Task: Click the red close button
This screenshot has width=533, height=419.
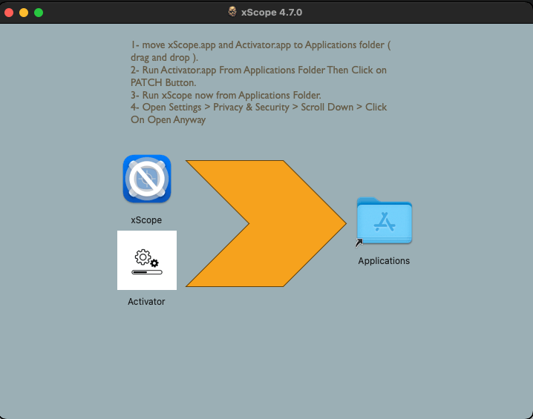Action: coord(9,13)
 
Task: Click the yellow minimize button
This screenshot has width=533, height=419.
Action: coord(24,13)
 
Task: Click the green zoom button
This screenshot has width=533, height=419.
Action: coord(39,13)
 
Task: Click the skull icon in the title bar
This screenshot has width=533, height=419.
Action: coord(232,12)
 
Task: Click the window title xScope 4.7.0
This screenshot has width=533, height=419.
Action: coord(272,13)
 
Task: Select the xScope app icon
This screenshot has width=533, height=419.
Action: coord(147,179)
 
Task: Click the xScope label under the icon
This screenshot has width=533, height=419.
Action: coord(146,220)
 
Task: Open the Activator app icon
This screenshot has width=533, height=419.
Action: coord(147,260)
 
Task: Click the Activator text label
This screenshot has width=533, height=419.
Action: coord(146,302)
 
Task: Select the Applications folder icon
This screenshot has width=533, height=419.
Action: coord(385,221)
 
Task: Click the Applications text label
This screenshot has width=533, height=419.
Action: coord(384,261)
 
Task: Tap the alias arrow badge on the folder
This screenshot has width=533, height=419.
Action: coord(359,243)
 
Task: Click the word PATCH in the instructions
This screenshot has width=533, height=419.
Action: coord(146,82)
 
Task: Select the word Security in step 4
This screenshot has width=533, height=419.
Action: coord(272,108)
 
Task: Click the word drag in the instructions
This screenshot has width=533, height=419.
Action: coord(140,58)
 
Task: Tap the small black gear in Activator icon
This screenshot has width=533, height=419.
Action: coord(154,263)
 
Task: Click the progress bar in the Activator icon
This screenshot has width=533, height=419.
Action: coord(147,272)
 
